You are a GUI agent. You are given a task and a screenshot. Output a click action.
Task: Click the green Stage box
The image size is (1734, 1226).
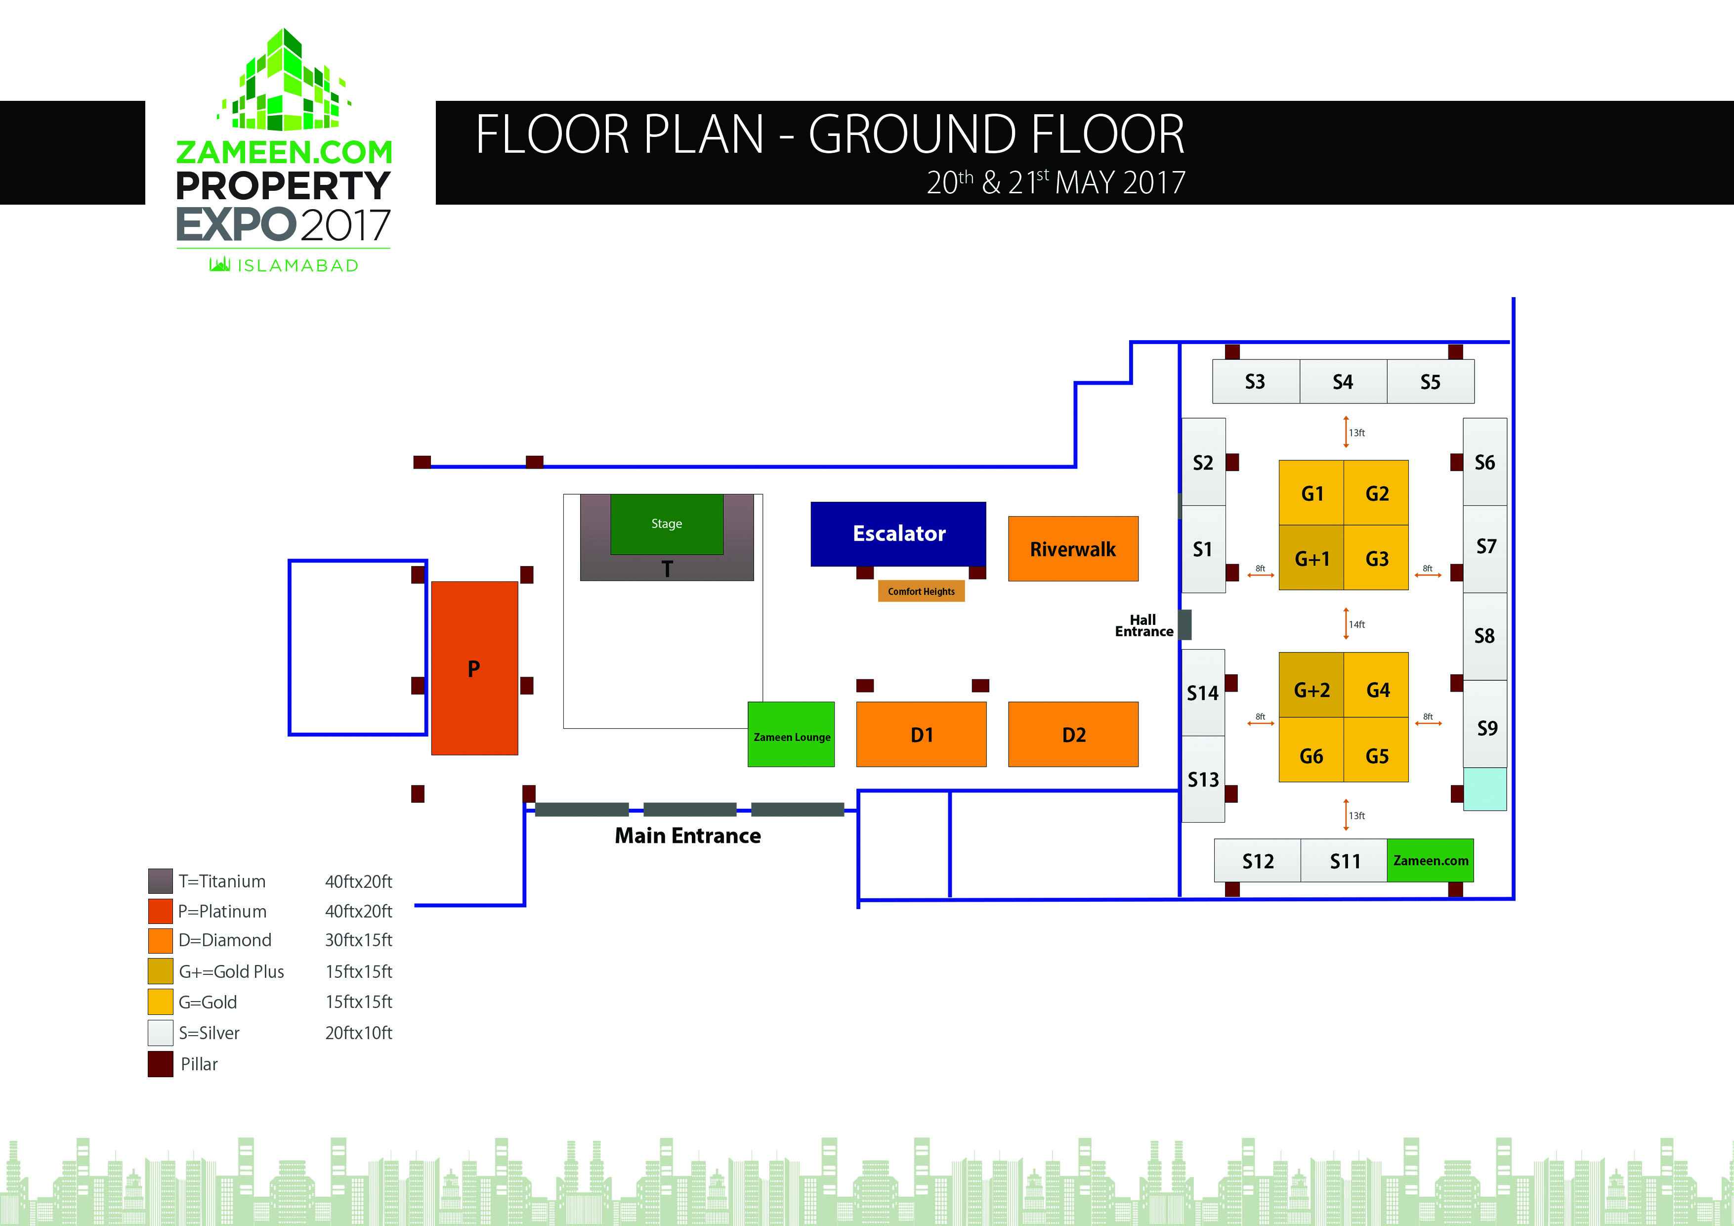pos(666,524)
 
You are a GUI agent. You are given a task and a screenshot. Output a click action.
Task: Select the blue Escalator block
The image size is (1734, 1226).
pos(898,533)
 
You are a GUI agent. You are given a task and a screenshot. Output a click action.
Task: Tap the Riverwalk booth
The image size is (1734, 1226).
pos(1072,549)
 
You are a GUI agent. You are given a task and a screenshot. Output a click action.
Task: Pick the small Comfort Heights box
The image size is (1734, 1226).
pos(921,591)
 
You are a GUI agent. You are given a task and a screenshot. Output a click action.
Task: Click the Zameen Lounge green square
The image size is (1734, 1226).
pos(791,734)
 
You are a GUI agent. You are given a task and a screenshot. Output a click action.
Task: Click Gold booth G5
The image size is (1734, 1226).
pos(1376,755)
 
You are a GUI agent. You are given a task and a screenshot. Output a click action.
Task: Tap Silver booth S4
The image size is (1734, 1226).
pos(1342,382)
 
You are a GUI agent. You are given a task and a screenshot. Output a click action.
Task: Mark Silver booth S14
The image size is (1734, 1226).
pos(1202,692)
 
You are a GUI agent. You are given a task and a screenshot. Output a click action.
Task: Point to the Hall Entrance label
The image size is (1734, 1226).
pos(1143,625)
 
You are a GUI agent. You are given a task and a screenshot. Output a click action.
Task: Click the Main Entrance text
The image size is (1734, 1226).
pos(687,835)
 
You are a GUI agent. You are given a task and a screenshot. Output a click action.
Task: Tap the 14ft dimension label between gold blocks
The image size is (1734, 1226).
pos(1356,624)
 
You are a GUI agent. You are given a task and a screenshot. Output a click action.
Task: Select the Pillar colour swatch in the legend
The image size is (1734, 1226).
pos(160,1063)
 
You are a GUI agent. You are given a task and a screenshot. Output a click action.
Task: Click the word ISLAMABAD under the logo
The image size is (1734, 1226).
pos(297,265)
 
